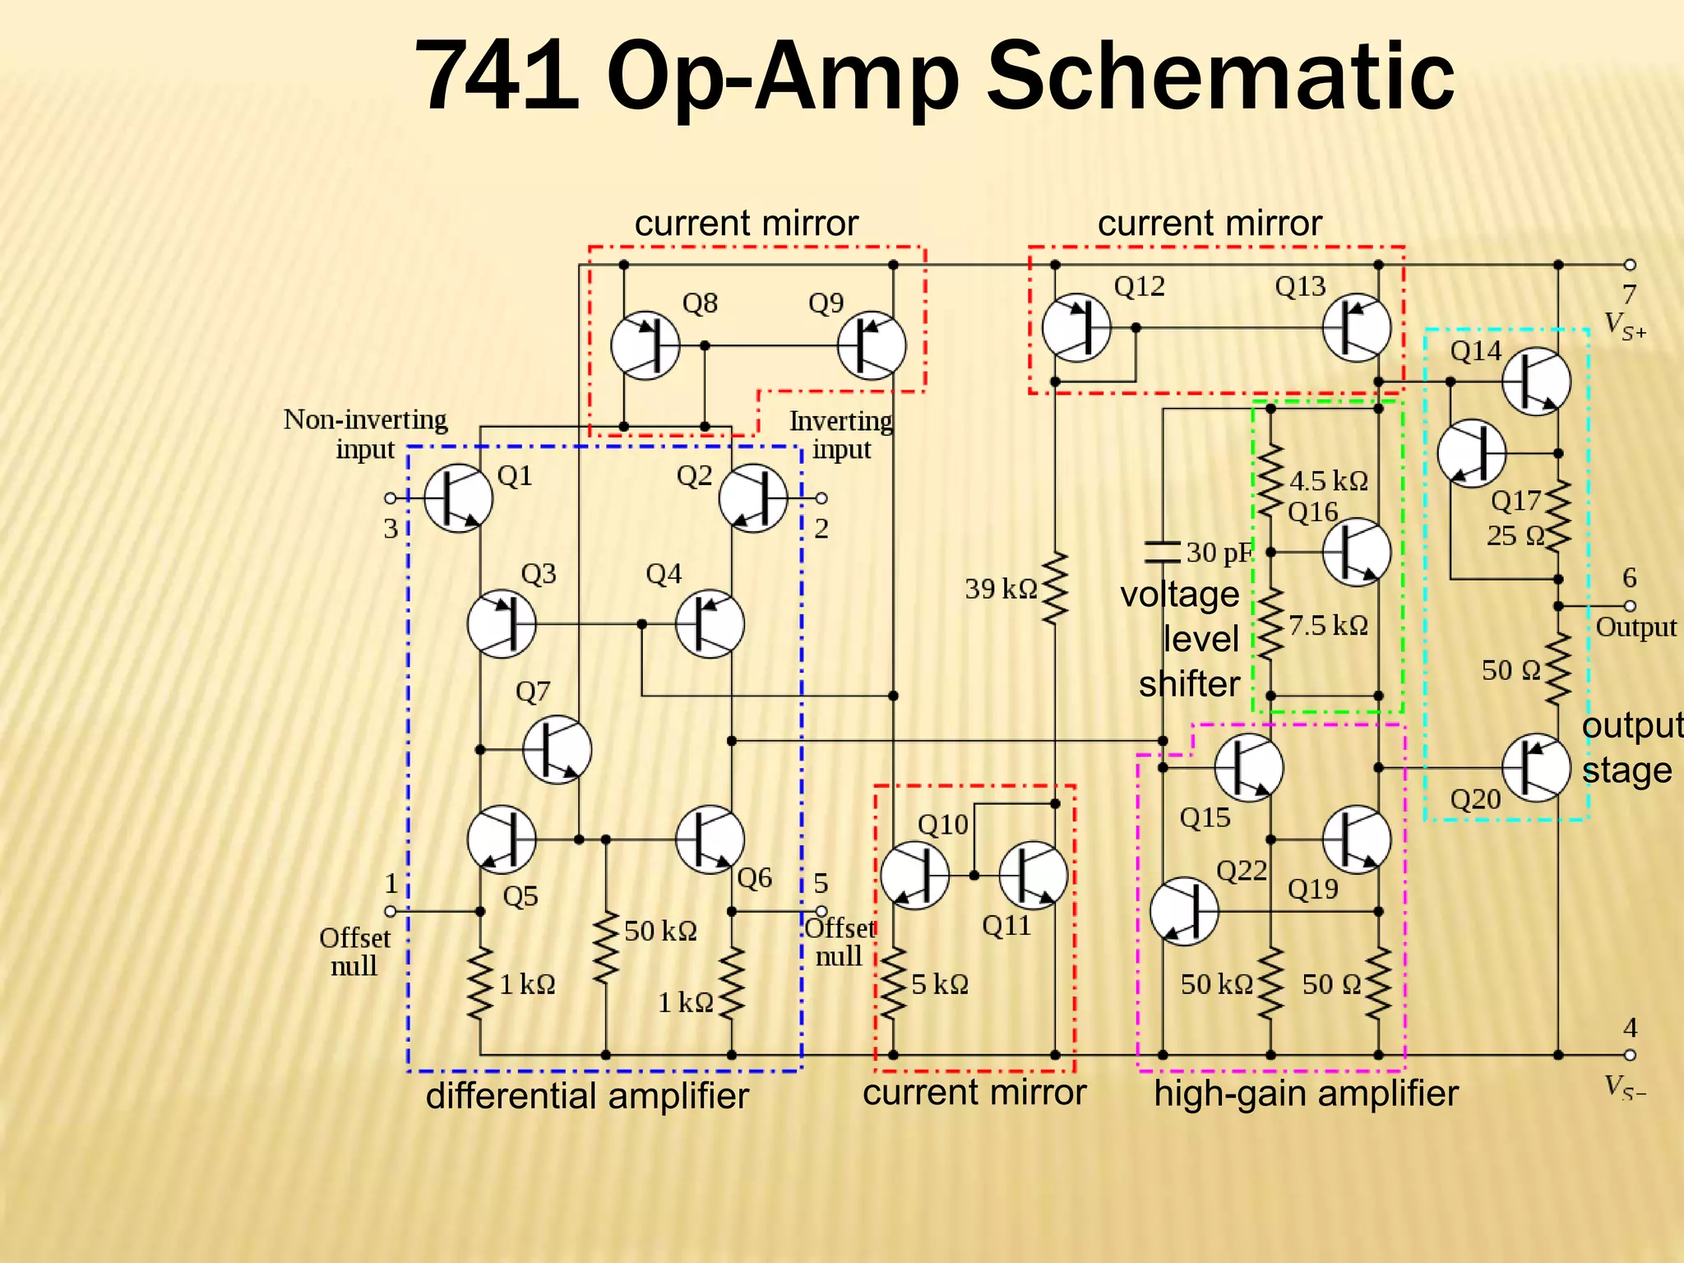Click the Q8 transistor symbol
[x=645, y=345]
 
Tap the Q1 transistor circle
[x=458, y=498]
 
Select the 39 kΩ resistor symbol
[x=1055, y=589]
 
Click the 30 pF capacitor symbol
[x=1163, y=552]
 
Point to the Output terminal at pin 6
[x=1630, y=606]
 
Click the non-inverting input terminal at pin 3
[x=391, y=498]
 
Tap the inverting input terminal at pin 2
[x=821, y=498]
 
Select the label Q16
[x=1312, y=512]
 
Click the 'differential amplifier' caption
[x=587, y=1095]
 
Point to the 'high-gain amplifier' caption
[x=1306, y=1094]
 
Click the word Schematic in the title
[x=1220, y=76]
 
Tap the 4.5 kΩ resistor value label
[x=1329, y=480]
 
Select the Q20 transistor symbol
[x=1536, y=767]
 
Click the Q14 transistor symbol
[x=1536, y=382]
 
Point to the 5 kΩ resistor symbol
[x=893, y=984]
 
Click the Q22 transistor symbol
[x=1183, y=911]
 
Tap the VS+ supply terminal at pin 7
[x=1630, y=265]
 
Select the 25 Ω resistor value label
[x=1515, y=536]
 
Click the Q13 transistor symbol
[x=1357, y=327]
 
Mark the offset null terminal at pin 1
[x=391, y=911]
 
